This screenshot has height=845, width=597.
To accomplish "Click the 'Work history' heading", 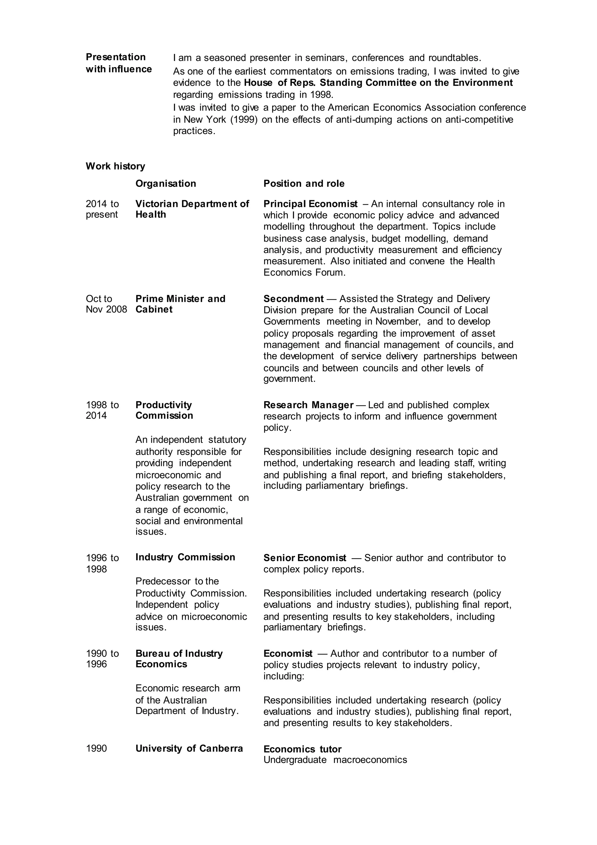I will tap(115, 166).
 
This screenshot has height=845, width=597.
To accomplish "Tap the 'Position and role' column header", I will tap(304, 184).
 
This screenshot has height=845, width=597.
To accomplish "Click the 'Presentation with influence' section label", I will tap(118, 63).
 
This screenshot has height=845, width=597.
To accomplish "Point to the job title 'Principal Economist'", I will tap(310, 204).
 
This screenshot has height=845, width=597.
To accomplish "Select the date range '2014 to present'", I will tap(102, 209).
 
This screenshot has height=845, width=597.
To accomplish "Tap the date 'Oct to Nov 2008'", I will tap(106, 304).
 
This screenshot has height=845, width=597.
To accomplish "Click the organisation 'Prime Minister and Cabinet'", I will tap(180, 304).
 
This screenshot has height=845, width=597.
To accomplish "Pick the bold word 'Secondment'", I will tap(293, 299).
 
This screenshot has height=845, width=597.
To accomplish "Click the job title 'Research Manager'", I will tap(308, 405).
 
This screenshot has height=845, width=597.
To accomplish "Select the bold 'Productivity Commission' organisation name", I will tap(164, 410).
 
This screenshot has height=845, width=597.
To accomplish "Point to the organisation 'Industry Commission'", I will tap(185, 557).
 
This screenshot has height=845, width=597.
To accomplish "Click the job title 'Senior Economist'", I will tap(304, 558).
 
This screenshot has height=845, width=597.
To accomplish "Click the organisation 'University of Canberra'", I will tap(189, 749).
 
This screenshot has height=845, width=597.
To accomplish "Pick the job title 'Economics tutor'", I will tap(302, 749).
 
